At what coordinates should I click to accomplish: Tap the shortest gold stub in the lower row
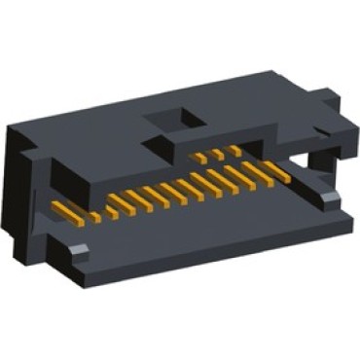(x=113, y=209)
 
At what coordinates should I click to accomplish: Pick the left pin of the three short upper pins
(x=198, y=157)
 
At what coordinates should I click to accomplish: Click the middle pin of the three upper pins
(x=218, y=153)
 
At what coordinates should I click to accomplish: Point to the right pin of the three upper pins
(x=234, y=150)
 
